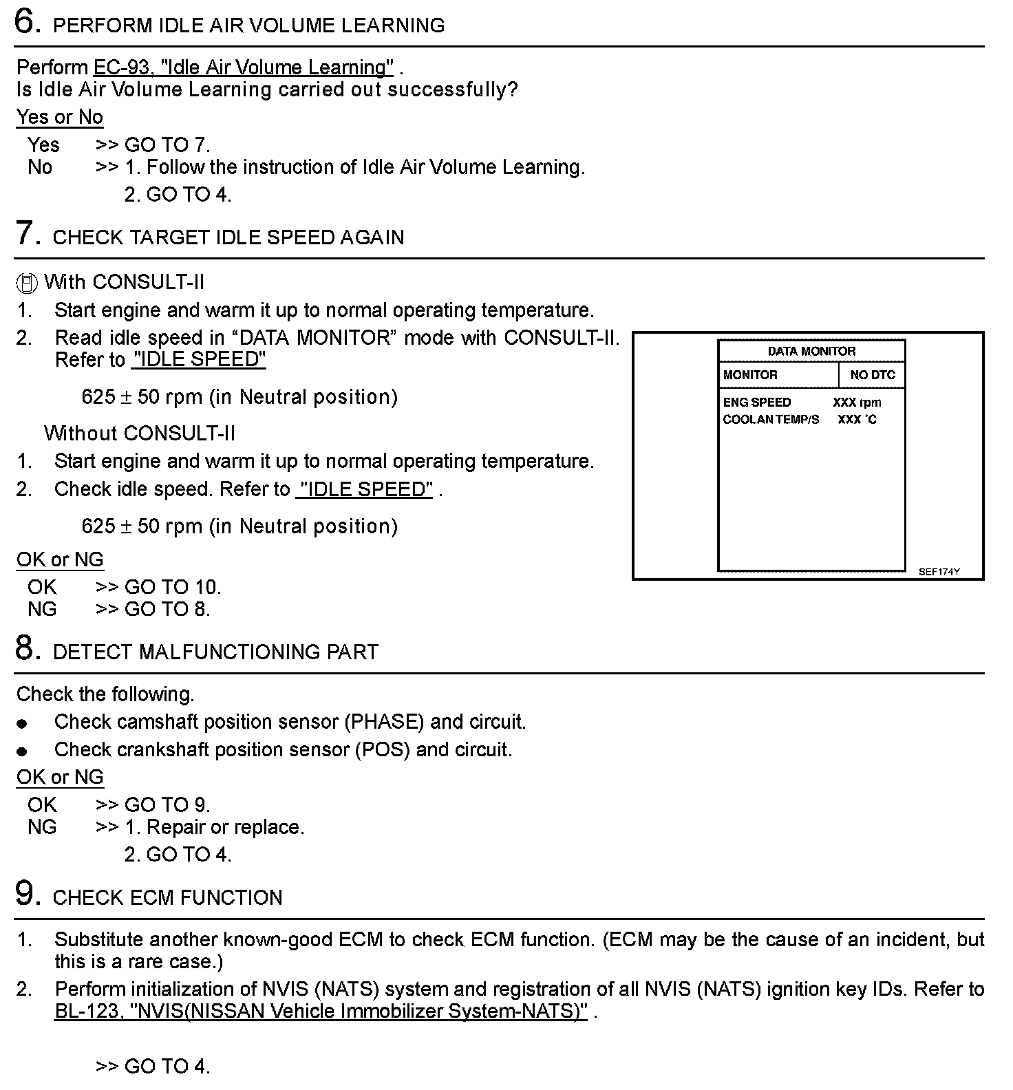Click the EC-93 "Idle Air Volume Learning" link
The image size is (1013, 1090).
tap(244, 67)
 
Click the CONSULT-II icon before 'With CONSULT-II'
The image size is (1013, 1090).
tap(26, 284)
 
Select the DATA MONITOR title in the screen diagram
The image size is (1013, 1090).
tap(811, 351)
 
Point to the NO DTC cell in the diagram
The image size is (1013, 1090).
tap(872, 375)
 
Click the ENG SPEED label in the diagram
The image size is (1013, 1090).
tap(756, 403)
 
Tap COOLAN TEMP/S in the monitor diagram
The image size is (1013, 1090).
tap(771, 420)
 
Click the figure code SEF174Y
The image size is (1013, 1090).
tap(939, 572)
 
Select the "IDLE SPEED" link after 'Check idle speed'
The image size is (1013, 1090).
tap(364, 489)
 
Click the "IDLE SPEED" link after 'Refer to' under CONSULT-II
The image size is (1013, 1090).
tap(198, 360)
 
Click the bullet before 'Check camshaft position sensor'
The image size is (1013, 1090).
tap(23, 723)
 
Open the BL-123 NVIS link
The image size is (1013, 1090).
tap(321, 1011)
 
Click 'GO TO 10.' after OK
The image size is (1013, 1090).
tap(173, 587)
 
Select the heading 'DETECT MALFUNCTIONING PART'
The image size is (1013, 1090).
tap(215, 652)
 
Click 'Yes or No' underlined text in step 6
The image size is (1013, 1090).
tap(60, 117)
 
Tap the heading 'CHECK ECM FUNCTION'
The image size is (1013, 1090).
tap(167, 898)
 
